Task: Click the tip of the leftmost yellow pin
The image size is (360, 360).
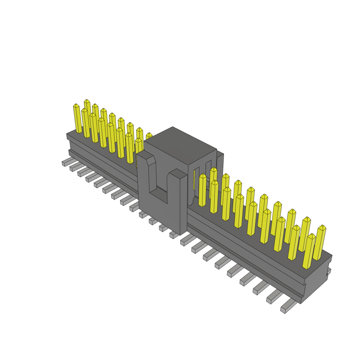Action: click(76, 105)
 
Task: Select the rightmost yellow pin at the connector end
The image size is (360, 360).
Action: click(320, 243)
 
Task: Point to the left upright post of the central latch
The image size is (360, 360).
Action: click(144, 183)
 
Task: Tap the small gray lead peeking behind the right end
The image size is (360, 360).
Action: click(329, 271)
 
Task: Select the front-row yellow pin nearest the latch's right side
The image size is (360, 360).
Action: click(202, 190)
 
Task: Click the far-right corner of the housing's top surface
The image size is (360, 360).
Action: click(331, 256)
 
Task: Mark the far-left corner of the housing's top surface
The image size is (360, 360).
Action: click(67, 134)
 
